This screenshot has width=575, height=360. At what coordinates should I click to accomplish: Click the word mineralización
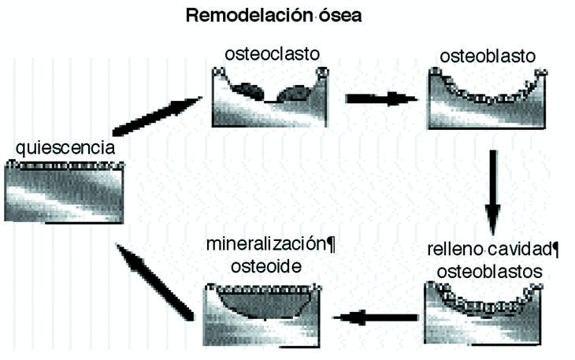point(264,244)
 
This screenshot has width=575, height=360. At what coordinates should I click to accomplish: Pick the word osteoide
point(265,266)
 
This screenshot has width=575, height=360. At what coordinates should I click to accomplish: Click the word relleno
point(455,251)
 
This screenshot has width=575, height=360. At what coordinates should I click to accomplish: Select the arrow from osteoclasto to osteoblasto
point(380,99)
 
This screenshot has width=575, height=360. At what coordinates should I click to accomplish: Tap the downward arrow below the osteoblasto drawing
point(492,186)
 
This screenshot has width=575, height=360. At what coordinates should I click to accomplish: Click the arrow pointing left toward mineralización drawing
point(375,317)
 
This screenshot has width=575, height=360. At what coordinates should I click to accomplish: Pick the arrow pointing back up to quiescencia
point(154,280)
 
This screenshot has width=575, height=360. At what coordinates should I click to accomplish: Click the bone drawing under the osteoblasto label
point(487,99)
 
